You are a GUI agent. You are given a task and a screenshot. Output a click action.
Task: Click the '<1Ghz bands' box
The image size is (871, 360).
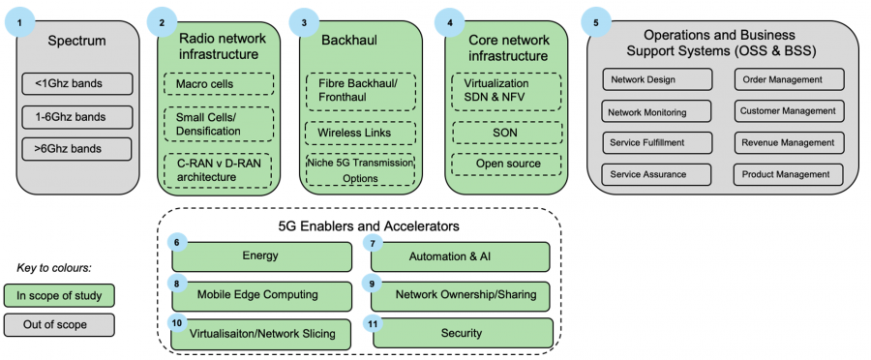(x=75, y=83)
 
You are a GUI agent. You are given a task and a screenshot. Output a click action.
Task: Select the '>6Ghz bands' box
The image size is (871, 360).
(x=75, y=149)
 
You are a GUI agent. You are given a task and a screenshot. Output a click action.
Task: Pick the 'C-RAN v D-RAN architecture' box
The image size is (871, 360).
(x=217, y=170)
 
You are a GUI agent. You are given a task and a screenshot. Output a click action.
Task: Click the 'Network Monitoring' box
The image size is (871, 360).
(x=656, y=112)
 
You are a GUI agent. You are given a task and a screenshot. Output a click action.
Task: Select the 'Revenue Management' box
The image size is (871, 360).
(x=788, y=143)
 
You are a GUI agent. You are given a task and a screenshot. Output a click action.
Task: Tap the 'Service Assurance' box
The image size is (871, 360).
(x=656, y=174)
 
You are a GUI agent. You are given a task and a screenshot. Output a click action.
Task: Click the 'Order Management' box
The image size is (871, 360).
(x=788, y=79)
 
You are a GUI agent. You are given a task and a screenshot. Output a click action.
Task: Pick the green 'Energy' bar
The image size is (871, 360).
(x=260, y=256)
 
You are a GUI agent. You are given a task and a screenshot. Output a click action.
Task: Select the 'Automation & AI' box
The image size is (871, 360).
(x=461, y=256)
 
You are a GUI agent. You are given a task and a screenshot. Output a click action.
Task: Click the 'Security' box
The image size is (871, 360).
(x=461, y=334)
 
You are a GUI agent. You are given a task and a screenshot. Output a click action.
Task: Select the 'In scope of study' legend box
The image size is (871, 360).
(x=59, y=294)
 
